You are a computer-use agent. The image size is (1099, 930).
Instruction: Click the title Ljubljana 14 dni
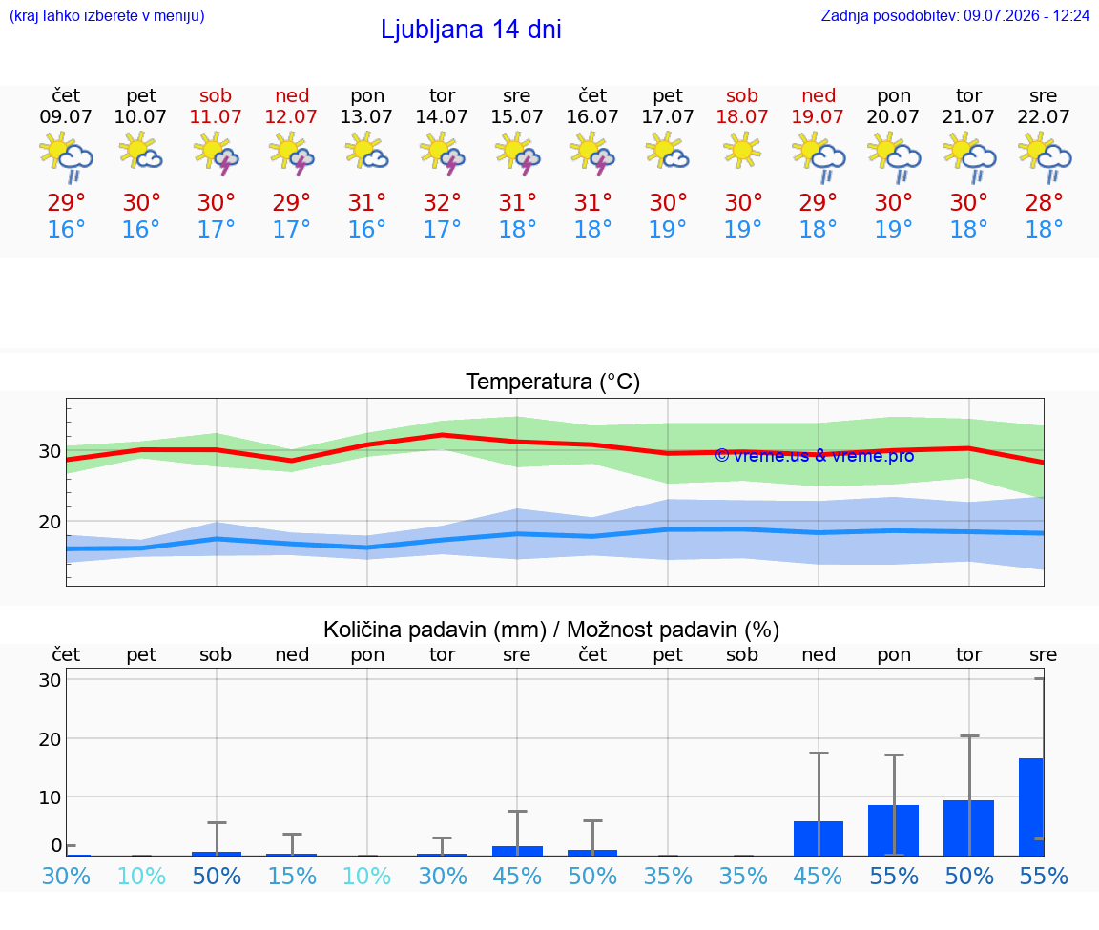[x=471, y=30]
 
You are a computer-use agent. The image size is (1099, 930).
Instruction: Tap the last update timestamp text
[x=955, y=15]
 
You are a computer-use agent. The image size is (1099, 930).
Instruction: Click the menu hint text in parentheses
[x=107, y=15]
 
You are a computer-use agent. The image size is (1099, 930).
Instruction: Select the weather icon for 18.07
[x=742, y=152]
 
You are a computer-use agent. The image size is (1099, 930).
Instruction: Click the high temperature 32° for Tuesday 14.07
[x=443, y=202]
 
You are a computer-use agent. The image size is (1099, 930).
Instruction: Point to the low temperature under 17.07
[x=668, y=229]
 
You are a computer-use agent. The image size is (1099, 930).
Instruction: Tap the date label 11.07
[x=216, y=116]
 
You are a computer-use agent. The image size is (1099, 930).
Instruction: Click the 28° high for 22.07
[x=1044, y=202]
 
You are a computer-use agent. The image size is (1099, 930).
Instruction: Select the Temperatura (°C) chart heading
[x=553, y=382]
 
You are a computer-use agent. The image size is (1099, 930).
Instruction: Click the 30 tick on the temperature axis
[x=50, y=451]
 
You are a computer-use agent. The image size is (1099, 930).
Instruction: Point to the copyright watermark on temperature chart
[x=815, y=456]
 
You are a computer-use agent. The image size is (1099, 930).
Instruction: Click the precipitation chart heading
[x=551, y=630]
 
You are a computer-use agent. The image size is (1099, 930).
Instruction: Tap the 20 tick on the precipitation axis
[x=50, y=738]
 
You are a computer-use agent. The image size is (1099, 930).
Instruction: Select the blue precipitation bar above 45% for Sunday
[x=818, y=838]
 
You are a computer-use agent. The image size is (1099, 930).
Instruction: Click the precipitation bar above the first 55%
[x=893, y=831]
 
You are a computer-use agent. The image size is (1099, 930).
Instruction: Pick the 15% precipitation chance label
[x=292, y=876]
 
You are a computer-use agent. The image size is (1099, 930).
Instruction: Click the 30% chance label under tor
[x=443, y=876]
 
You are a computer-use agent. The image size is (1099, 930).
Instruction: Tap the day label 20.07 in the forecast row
[x=893, y=116]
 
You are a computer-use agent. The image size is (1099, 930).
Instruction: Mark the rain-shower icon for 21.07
[x=969, y=158]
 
